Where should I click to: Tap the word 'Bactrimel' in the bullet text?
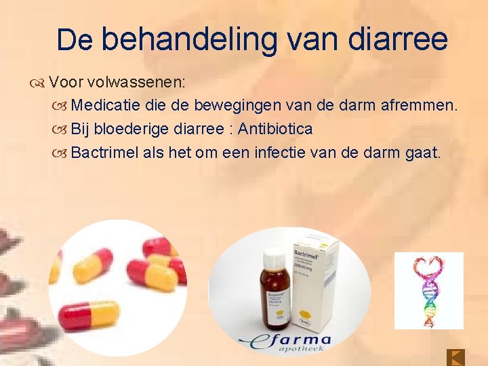click(105, 152)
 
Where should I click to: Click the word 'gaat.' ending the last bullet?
click(424, 152)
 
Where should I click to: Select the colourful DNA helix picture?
click(428, 290)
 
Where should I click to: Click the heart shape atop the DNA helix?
click(428, 266)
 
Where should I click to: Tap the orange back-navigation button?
click(456, 357)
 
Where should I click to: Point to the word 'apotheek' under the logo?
click(302, 349)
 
